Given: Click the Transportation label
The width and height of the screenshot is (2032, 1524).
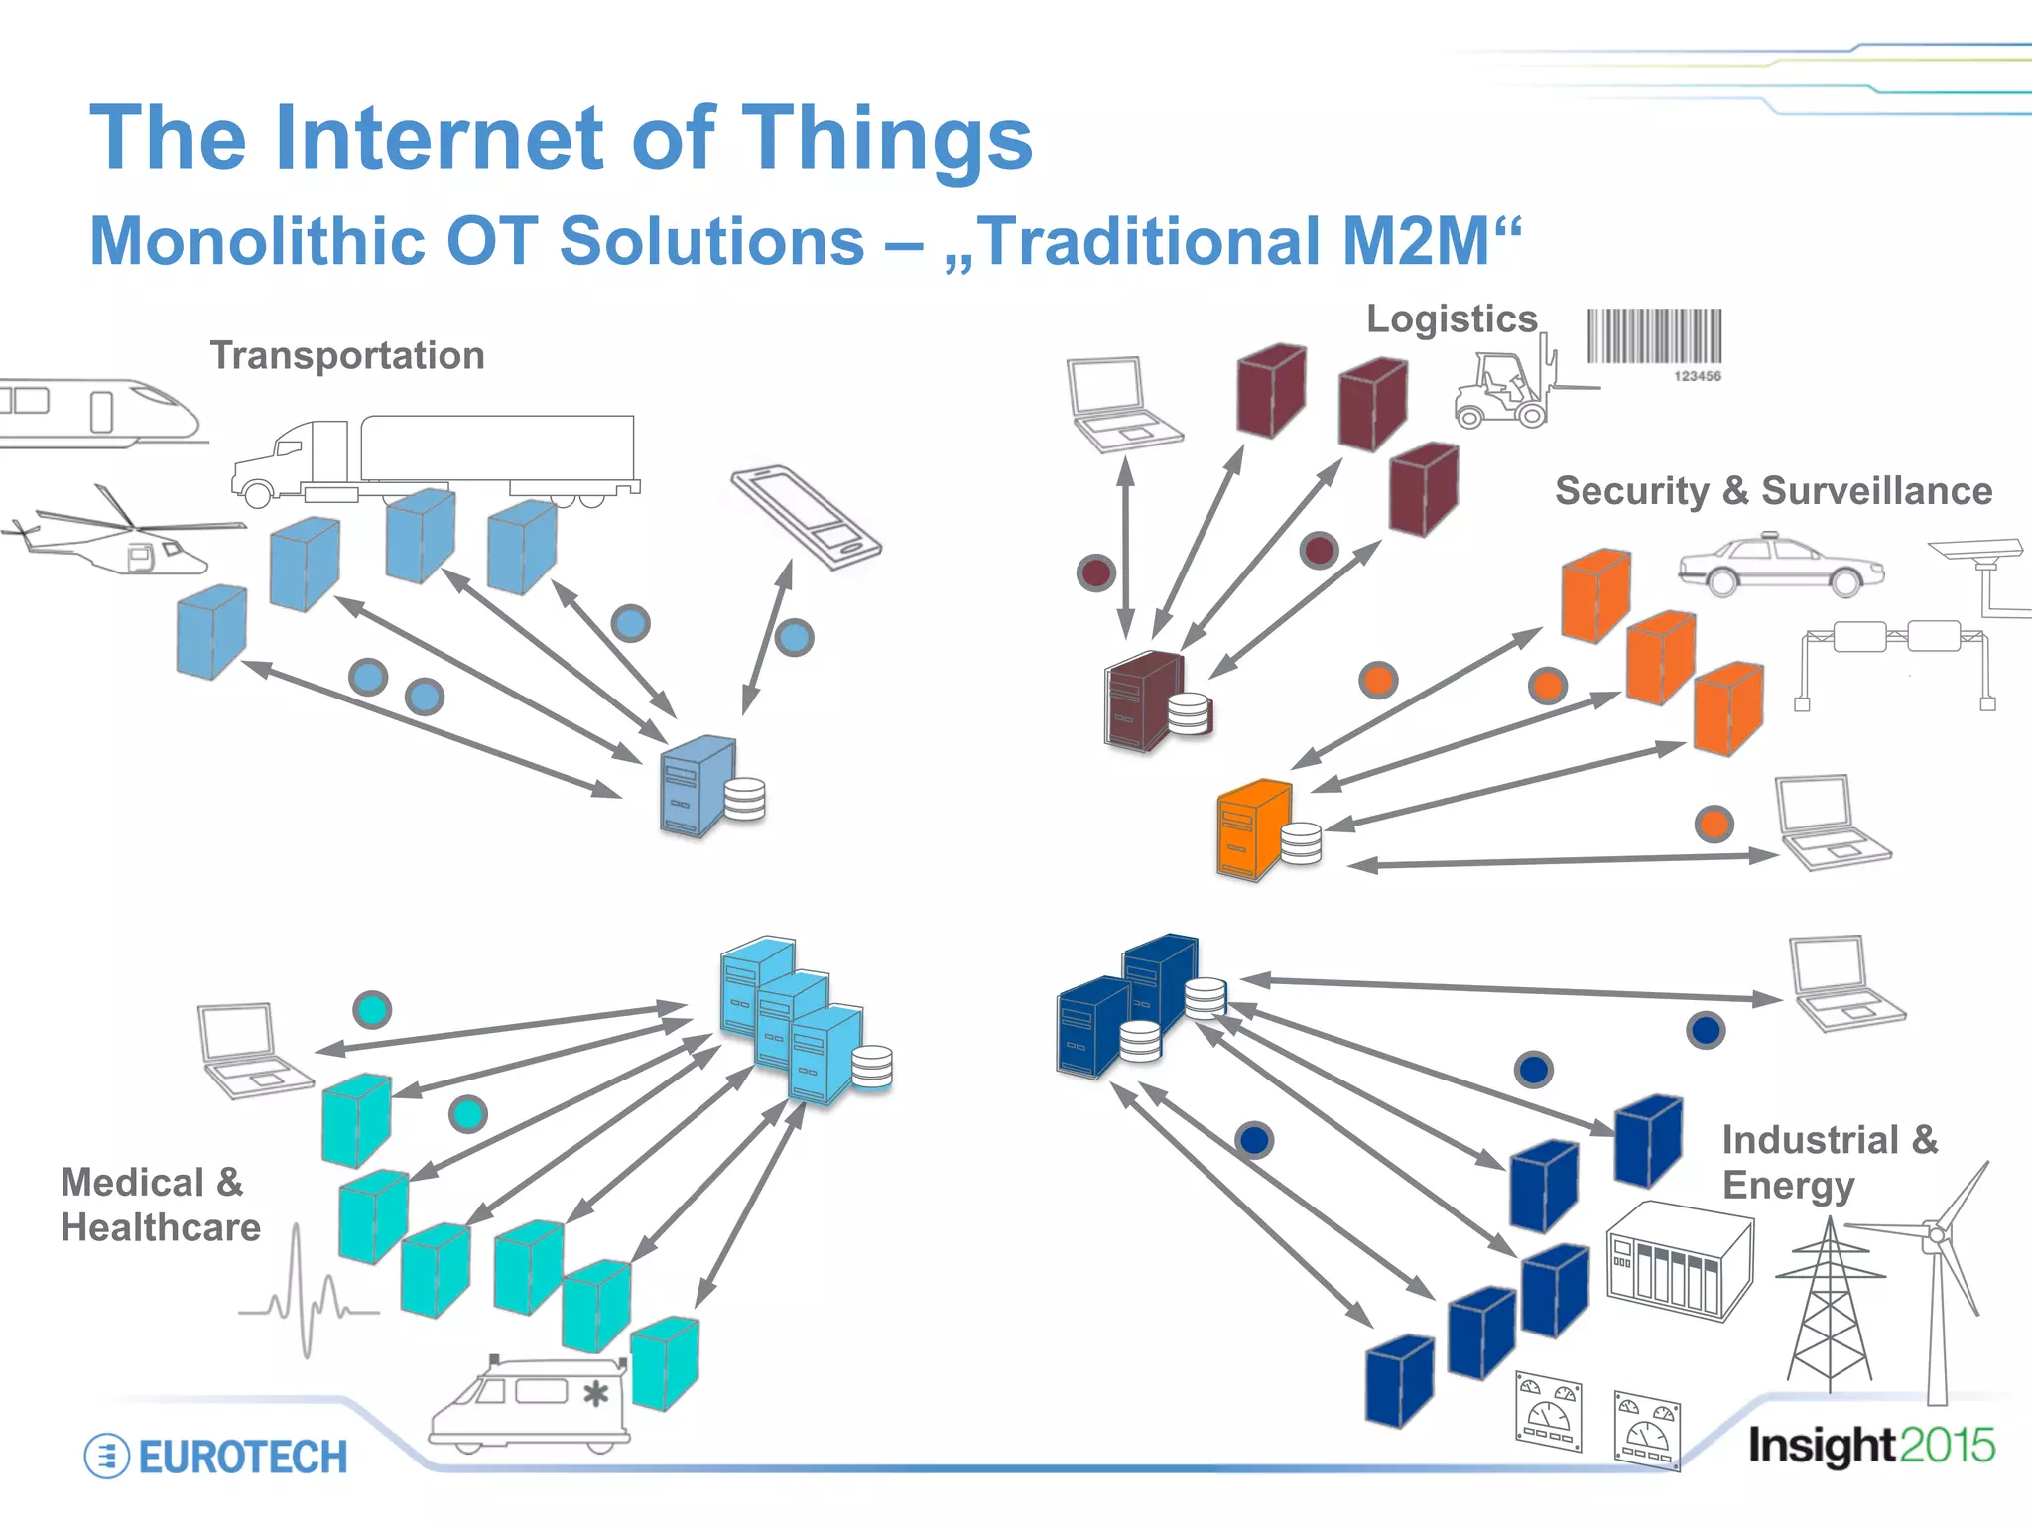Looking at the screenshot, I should point(347,355).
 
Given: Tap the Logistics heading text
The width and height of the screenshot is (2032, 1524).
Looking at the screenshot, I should point(1451,319).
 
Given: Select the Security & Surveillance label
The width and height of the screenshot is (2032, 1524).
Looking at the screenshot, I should point(1773,491).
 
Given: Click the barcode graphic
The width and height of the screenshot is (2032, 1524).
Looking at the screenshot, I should point(1654,339).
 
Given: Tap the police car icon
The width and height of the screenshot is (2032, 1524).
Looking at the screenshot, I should point(1781,567).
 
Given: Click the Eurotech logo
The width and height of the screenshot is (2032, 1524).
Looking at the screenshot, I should point(216,1456).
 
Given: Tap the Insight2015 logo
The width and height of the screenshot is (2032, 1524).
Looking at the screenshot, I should point(1870,1446).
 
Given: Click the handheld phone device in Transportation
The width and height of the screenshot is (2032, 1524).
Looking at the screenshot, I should point(806,517).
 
